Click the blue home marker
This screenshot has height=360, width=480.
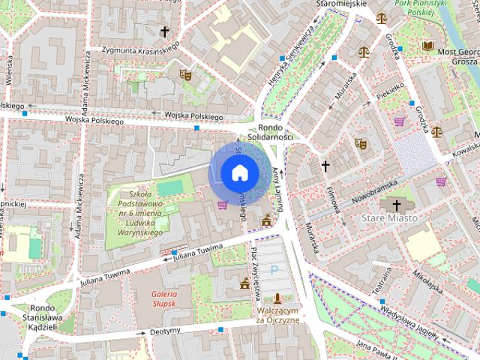point(239,172)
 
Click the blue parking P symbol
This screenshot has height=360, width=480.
point(274,268)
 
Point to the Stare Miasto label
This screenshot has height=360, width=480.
point(389,217)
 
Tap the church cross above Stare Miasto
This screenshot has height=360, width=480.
point(396,204)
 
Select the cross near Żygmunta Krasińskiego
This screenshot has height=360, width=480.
point(165,31)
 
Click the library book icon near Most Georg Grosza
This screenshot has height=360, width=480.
point(427,46)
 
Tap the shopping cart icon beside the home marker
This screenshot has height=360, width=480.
point(222,204)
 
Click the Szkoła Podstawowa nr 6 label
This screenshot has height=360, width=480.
point(140,214)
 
